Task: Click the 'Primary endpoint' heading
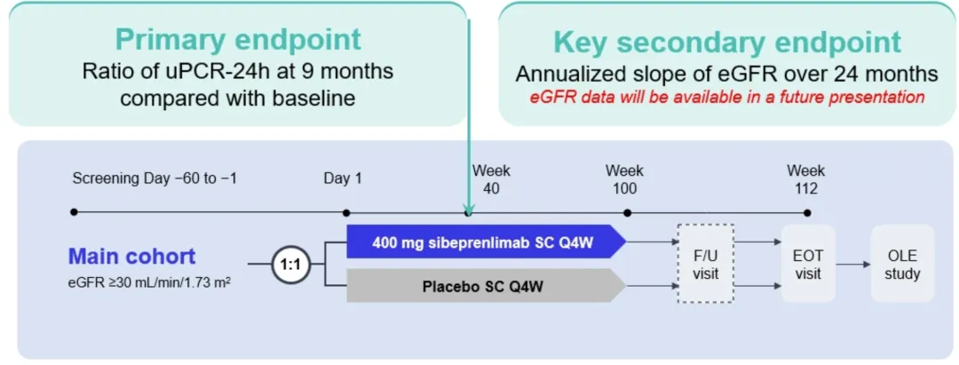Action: point(238,40)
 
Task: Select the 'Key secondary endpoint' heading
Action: point(726,43)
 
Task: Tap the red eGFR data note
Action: point(726,96)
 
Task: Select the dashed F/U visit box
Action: point(705,264)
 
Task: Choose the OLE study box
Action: point(902,264)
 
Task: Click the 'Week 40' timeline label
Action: point(491,179)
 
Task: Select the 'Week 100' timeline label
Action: point(624,179)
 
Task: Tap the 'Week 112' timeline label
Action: point(806,179)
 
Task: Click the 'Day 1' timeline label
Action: point(344,179)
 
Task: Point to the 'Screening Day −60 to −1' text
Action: point(155,179)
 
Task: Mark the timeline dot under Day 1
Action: point(347,213)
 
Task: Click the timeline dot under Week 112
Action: point(807,213)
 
